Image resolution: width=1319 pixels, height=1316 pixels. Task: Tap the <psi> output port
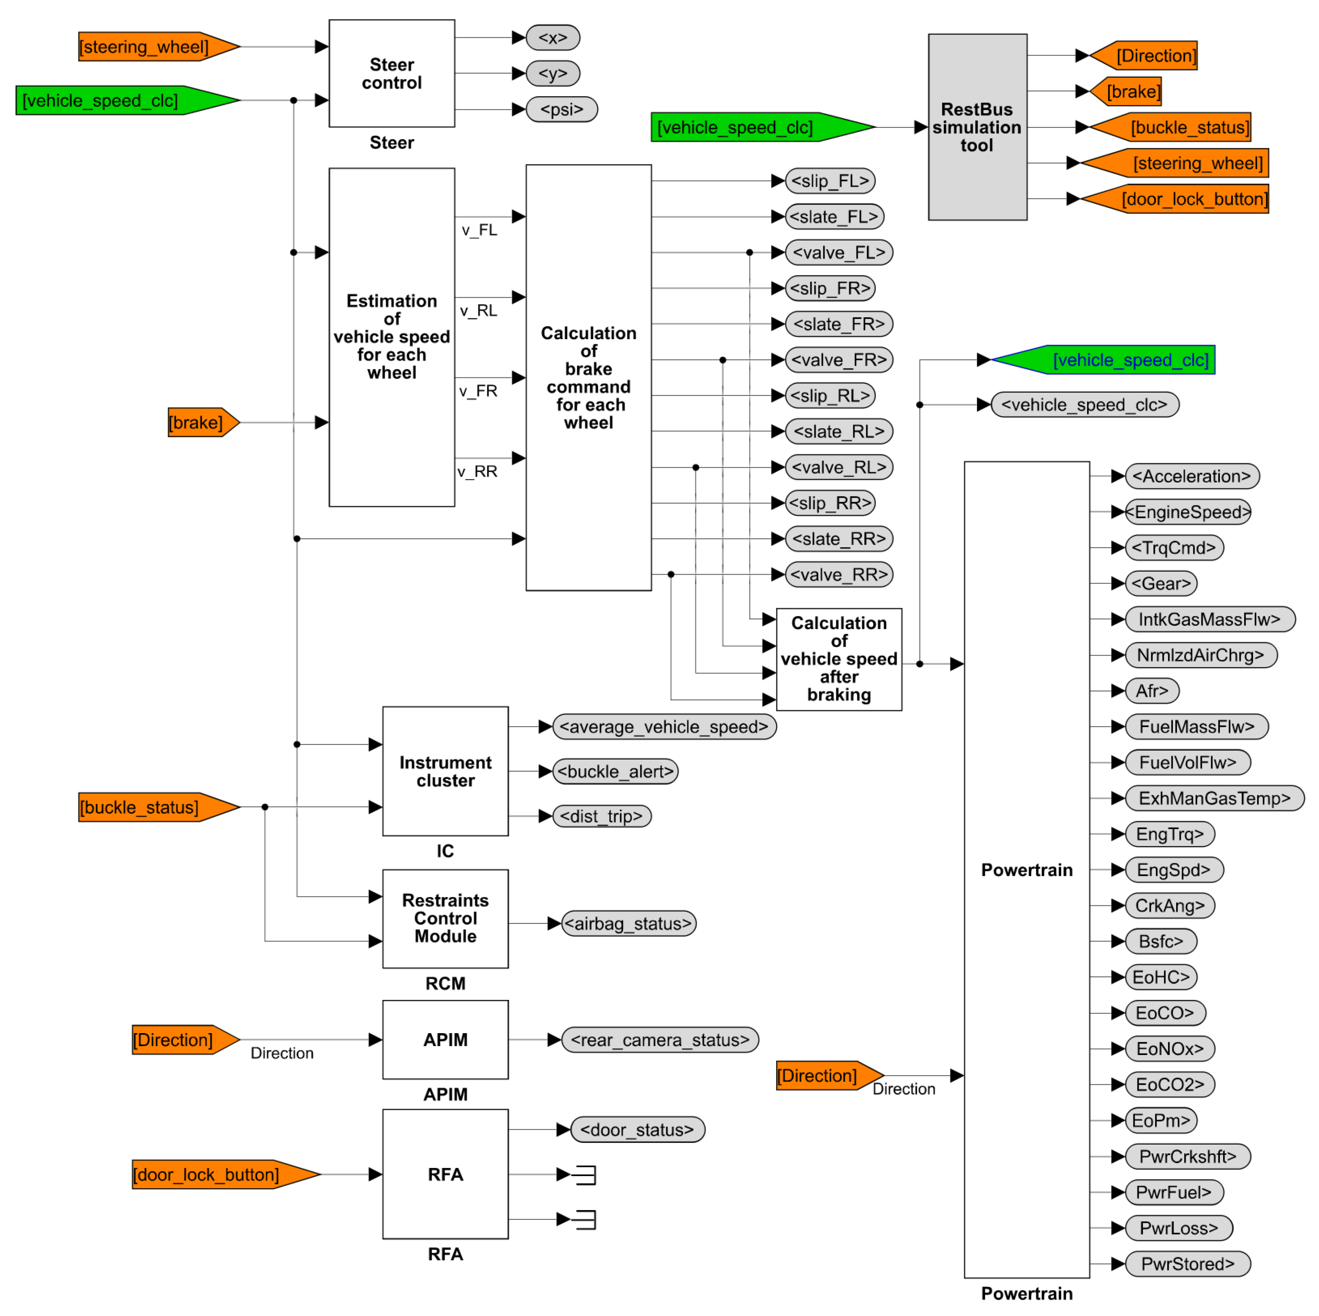[561, 109]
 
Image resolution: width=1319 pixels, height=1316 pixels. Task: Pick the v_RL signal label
[478, 311]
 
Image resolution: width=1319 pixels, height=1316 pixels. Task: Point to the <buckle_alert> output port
[615, 772]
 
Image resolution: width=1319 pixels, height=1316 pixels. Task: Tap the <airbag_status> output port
[628, 923]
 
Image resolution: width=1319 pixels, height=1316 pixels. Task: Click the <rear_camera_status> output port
[660, 1040]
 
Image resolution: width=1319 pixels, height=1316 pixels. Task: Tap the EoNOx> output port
[1169, 1049]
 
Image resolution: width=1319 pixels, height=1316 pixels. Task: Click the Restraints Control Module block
[445, 918]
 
